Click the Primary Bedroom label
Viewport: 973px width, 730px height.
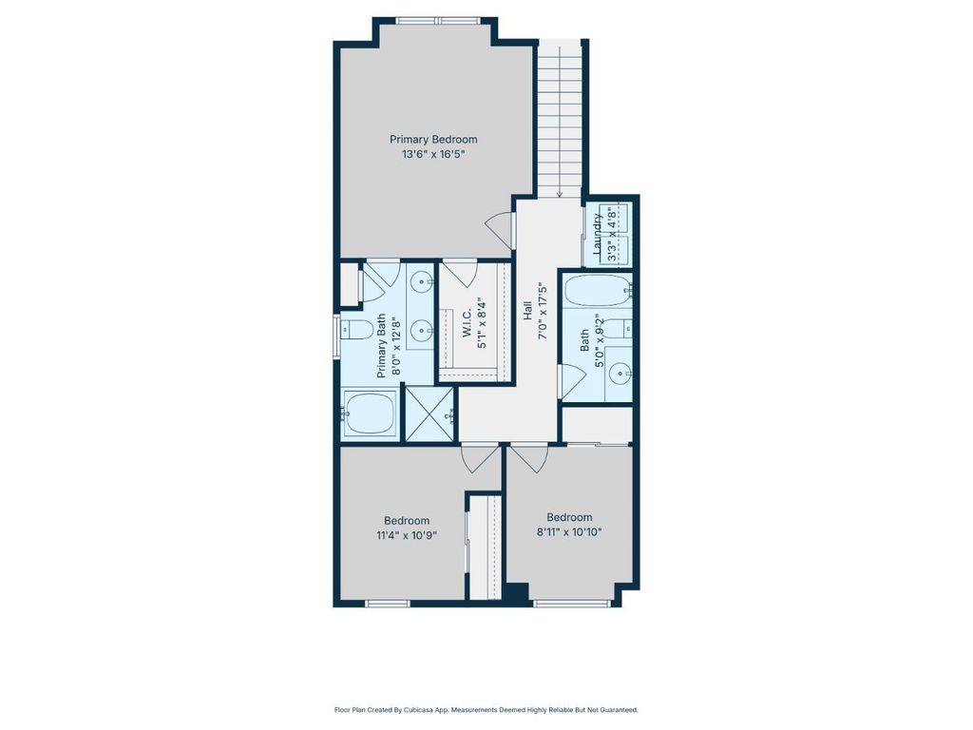[x=433, y=140]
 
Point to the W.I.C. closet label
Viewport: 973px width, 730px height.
[x=467, y=322]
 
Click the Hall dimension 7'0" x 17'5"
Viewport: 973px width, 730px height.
[x=543, y=311]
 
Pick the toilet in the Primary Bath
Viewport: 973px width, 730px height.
[x=354, y=328]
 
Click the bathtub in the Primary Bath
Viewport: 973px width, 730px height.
[x=370, y=414]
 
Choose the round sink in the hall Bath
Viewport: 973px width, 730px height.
[x=620, y=374]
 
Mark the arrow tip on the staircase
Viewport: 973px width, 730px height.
[x=560, y=196]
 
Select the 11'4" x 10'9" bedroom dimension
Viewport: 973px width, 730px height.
[x=407, y=535]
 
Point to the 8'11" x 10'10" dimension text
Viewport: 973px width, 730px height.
[x=570, y=532]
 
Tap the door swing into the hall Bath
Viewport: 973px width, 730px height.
[x=573, y=381]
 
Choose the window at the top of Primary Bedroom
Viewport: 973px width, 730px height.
[x=437, y=21]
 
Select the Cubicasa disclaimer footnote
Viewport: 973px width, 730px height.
[x=486, y=709]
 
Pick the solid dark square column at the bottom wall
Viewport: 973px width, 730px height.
[x=519, y=593]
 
